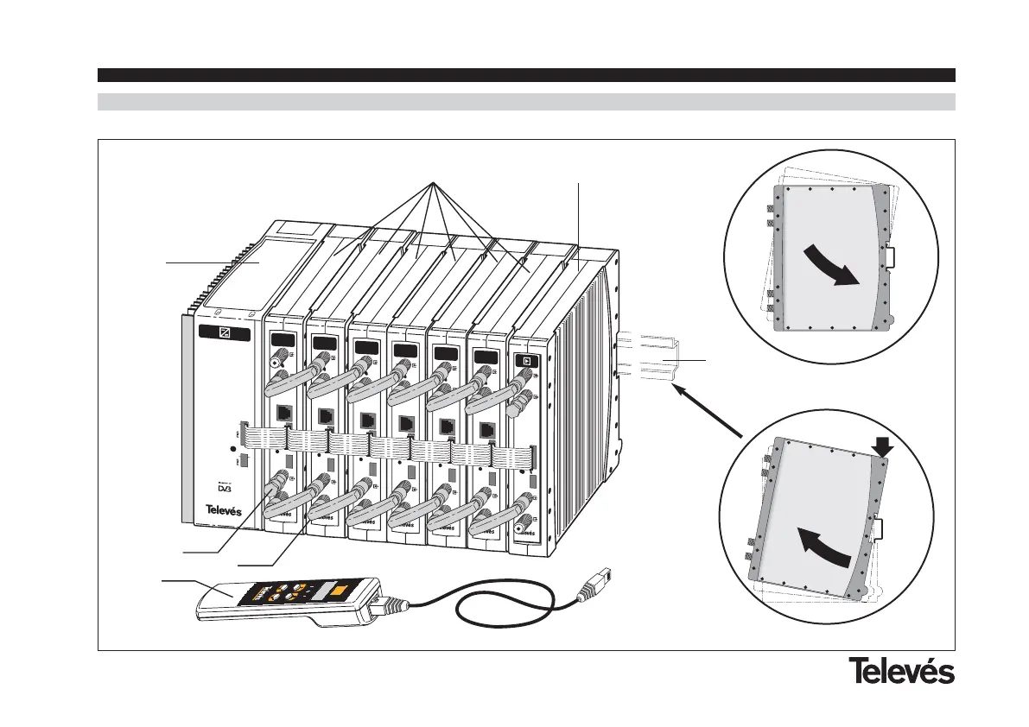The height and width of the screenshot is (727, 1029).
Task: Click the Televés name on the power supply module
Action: tap(223, 509)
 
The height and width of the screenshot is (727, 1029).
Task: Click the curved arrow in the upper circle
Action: tap(834, 265)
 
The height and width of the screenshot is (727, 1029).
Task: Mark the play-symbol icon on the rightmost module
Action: tap(522, 360)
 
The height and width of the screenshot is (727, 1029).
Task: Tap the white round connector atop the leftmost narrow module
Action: tap(278, 365)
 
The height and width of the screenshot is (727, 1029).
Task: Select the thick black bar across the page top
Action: tap(525, 75)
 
